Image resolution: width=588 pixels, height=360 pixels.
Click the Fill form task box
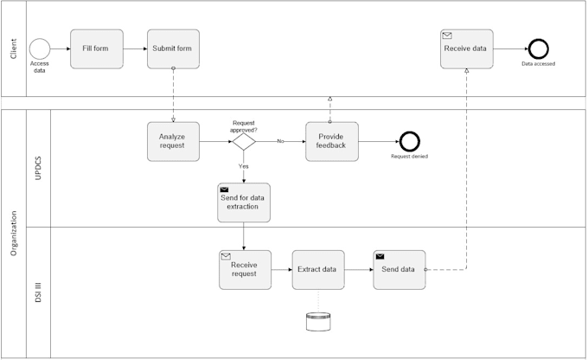tap(96, 49)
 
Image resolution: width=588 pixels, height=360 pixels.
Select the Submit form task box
tap(173, 49)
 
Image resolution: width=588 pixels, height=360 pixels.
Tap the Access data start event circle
tap(40, 49)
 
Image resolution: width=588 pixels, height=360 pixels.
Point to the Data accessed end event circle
tap(538, 49)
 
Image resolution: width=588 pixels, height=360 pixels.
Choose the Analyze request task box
tap(173, 141)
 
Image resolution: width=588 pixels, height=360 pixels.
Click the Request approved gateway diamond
tap(244, 141)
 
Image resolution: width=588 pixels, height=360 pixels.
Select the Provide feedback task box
tap(331, 141)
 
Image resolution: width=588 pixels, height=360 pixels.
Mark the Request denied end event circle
tap(409, 141)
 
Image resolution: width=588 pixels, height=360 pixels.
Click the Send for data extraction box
tap(244, 202)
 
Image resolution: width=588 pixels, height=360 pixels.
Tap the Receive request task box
tap(244, 269)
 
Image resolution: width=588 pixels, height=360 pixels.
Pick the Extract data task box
tap(317, 269)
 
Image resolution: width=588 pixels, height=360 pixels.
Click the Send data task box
tap(399, 269)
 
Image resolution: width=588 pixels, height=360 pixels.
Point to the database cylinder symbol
tap(317, 323)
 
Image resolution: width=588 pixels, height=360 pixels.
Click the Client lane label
tap(13, 48)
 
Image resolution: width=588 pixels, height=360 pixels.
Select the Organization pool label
tap(13, 234)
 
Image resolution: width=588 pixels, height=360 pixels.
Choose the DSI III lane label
tap(39, 292)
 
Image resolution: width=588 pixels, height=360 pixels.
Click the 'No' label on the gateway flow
tap(280, 140)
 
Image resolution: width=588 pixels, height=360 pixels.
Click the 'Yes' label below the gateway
tap(243, 165)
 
